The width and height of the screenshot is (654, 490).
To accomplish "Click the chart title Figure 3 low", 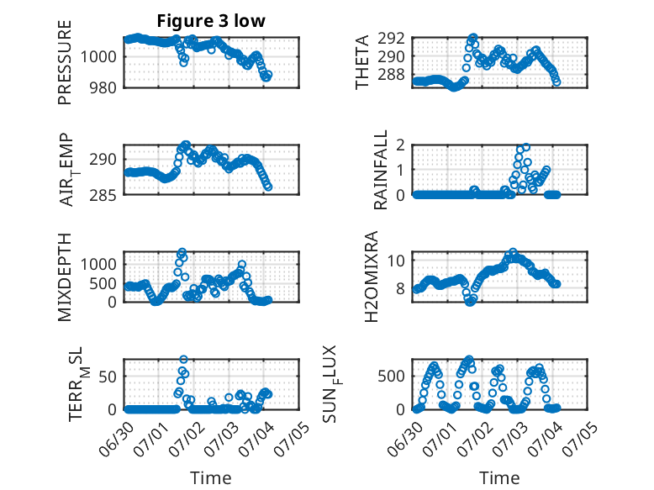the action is [x=211, y=21].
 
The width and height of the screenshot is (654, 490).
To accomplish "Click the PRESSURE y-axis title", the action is [x=65, y=62].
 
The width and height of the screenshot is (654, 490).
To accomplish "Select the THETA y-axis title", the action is [x=362, y=62].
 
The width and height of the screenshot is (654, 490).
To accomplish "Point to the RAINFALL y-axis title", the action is [x=381, y=170].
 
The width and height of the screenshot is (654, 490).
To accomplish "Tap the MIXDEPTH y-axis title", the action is [x=65, y=277].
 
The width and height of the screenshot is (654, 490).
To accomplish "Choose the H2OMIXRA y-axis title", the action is [x=372, y=277].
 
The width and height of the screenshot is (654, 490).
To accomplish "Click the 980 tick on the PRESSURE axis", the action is [x=103, y=87].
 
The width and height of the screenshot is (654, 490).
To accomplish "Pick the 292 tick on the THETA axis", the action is [x=391, y=39].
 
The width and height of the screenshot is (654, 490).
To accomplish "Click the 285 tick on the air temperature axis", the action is [x=103, y=195].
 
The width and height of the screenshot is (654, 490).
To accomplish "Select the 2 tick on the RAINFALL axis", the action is [x=400, y=145].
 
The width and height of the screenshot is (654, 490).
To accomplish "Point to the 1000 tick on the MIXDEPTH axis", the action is [x=98, y=264].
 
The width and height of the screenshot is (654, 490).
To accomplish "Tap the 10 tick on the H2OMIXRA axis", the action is [x=396, y=261].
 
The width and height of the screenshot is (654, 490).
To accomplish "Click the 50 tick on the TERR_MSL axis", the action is [x=108, y=377].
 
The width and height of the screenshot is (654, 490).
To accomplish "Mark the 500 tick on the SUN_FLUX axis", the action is [x=391, y=377].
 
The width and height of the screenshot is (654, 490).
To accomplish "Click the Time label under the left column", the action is [x=211, y=477].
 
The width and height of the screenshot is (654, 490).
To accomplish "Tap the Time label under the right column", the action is [x=499, y=477].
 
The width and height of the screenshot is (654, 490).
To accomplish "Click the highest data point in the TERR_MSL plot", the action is [x=183, y=359].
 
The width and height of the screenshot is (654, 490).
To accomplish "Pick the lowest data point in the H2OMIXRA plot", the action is [x=470, y=302].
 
